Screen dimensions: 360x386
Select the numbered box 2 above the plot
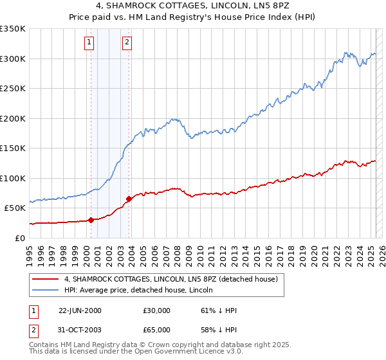click(x=127, y=43)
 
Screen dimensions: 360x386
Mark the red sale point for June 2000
click(x=91, y=220)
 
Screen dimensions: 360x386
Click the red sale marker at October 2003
click(x=129, y=199)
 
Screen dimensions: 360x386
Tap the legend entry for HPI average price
click(x=142, y=291)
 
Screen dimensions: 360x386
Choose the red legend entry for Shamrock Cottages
click(x=170, y=280)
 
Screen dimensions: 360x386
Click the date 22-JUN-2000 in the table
click(x=80, y=310)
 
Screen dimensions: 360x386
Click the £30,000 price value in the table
click(x=158, y=310)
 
